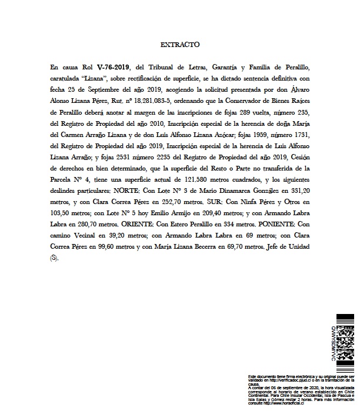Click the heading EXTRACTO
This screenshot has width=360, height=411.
(180, 44)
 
